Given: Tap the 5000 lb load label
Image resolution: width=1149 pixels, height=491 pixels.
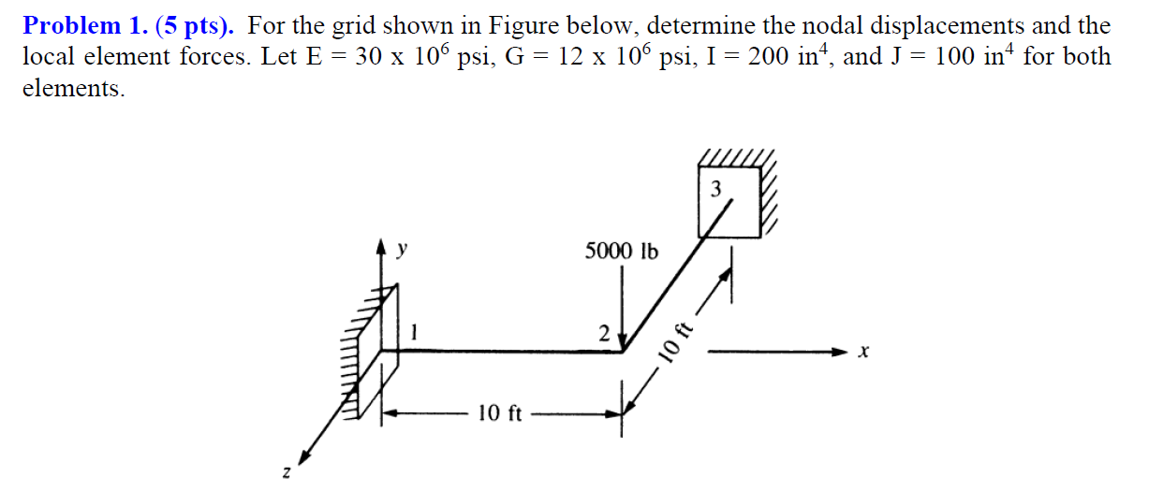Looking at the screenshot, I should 622,252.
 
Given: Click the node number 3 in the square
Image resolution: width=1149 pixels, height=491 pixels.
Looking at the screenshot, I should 716,190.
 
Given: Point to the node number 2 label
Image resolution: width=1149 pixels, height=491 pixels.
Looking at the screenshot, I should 604,334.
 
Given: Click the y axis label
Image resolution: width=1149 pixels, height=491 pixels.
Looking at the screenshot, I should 404,250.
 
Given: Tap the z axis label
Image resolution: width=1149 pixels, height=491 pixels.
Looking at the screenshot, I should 287,475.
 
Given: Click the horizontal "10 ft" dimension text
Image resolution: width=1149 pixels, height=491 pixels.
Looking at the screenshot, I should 499,412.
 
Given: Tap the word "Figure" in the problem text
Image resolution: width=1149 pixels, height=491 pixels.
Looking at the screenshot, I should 515,26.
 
